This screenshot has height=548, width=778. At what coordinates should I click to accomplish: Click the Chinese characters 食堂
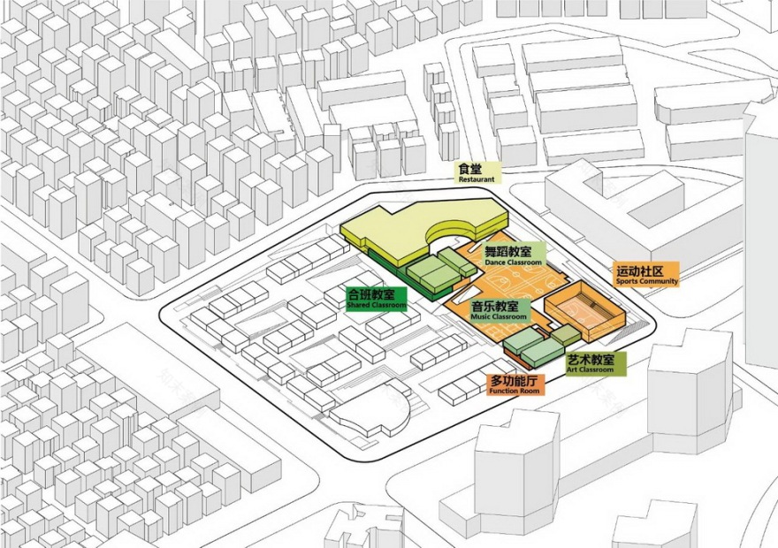pos(471,168)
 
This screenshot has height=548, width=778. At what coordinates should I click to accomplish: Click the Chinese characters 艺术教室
pos(591,360)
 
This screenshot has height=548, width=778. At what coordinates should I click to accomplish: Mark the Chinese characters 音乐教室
pos(499,306)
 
